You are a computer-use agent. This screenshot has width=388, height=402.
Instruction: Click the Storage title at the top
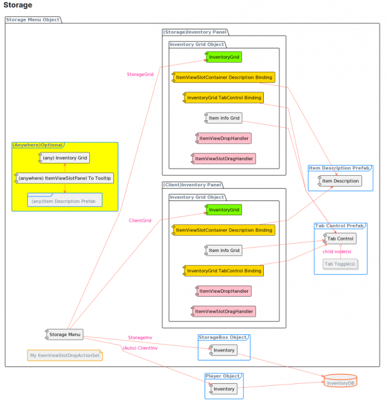point(18,5)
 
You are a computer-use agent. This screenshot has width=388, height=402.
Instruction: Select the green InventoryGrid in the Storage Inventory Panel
point(223,58)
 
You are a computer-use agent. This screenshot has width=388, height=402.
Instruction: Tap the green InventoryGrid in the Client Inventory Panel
point(223,209)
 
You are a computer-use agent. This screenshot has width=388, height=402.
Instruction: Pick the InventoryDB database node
point(340,381)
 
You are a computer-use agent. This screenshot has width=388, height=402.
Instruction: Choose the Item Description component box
point(338,181)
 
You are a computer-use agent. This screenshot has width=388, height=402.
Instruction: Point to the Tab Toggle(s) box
point(339,264)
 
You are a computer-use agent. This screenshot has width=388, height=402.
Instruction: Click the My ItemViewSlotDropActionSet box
point(65,355)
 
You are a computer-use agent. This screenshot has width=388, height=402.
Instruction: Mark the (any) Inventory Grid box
point(63,158)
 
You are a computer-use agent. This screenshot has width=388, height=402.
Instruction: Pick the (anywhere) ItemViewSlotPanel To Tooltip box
point(63,178)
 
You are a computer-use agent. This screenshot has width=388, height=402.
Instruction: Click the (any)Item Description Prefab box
point(65,201)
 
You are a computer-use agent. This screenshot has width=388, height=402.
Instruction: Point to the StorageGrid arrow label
point(140,74)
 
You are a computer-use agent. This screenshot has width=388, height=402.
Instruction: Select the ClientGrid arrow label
point(140,220)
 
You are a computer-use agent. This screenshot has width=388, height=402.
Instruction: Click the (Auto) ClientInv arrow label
point(140,348)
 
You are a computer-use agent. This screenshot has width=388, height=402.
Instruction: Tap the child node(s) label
point(337,251)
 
